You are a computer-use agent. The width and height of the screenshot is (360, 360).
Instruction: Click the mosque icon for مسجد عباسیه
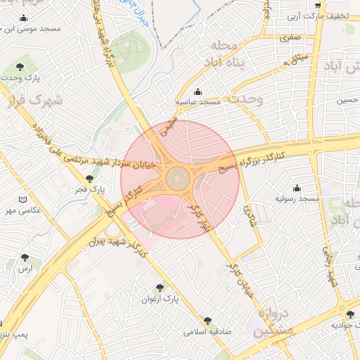[198, 91]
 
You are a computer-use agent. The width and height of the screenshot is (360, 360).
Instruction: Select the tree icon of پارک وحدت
[20, 67]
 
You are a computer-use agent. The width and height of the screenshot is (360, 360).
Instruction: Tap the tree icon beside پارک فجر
[89, 179]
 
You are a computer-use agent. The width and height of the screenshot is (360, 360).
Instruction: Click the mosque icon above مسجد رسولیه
[297, 188]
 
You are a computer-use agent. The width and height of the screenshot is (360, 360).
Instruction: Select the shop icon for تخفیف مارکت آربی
[318, 6]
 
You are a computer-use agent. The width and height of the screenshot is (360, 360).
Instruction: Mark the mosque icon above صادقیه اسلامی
[207, 320]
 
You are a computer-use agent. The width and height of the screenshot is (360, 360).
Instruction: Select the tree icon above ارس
[26, 258]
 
